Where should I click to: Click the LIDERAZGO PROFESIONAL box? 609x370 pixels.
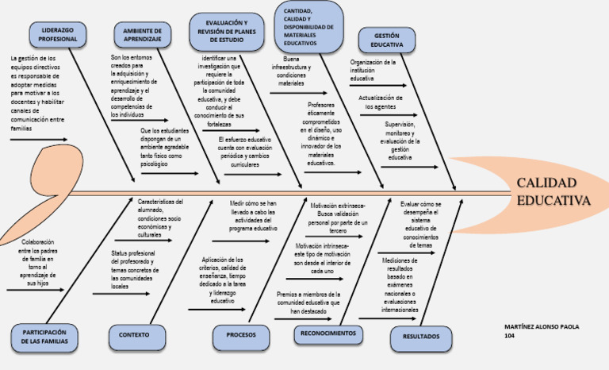click(58, 33)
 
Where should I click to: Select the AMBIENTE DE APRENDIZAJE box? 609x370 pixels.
click(143, 33)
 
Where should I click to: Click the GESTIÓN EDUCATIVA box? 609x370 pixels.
click(386, 40)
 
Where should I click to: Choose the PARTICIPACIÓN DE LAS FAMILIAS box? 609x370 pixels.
click(44, 337)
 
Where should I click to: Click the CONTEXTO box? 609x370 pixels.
click(134, 335)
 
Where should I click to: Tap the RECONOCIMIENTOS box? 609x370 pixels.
click(327, 333)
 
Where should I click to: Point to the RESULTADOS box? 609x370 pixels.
click(421, 337)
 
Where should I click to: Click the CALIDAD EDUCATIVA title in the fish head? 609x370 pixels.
click(553, 191)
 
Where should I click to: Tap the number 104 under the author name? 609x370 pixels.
click(510, 335)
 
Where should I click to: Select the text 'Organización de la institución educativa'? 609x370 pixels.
click(373, 70)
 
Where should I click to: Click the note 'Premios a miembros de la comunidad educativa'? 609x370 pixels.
click(308, 303)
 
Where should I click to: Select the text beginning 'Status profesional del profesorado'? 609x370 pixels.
click(131, 270)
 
